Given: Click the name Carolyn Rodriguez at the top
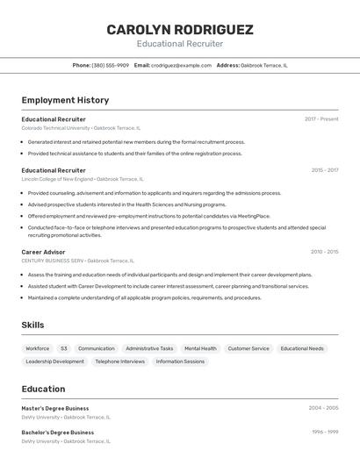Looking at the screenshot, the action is point(180,29).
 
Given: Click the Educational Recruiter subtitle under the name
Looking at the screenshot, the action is point(180,44).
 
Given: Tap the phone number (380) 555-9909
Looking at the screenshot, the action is point(110,65).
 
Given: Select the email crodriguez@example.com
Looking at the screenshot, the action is point(181,65).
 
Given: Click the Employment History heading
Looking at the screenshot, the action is point(65,100).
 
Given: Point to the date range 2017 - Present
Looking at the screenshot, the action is point(321,118).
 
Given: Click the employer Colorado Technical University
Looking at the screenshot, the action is point(54,128).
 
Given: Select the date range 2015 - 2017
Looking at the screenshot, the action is point(324,170).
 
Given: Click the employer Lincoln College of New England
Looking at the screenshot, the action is point(56,179).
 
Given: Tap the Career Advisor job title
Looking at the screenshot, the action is point(43,252).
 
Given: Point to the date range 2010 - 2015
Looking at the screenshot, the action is point(324,252).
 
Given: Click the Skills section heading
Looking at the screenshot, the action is point(32,325).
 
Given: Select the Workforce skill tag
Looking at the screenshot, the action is point(38,348).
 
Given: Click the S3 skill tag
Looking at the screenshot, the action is point(64,348).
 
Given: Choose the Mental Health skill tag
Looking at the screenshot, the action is point(200,348).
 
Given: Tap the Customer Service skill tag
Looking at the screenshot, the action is point(248,348).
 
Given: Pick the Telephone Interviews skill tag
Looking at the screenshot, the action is point(119,361).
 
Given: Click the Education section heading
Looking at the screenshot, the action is point(43,389).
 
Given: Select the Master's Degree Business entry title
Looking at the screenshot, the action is point(55,408).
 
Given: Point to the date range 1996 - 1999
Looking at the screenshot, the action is point(324,432).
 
